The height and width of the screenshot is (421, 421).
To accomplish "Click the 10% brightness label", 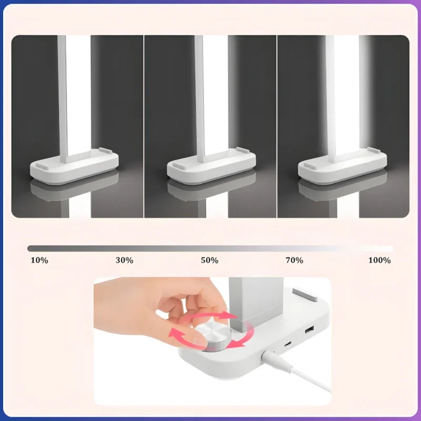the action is [39, 260].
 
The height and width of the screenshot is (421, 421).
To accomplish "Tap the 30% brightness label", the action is [124, 260].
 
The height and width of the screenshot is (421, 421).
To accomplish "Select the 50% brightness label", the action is [209, 260].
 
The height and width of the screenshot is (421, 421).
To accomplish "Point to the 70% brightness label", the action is [294, 260].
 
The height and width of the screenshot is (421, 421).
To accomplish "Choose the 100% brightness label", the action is [379, 260].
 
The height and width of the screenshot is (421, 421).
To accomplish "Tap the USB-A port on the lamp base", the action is [309, 329].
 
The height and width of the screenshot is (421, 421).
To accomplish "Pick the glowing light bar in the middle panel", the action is [215, 95].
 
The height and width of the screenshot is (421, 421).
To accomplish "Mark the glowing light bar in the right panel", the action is [346, 95].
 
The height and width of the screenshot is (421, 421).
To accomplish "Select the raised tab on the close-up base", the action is [305, 294].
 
